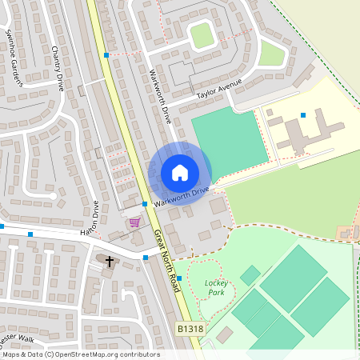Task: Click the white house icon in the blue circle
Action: coord(180,173)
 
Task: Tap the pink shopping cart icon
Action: coord(134,222)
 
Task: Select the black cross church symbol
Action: coord(110,261)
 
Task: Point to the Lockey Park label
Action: coord(217,287)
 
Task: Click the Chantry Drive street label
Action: coord(58,68)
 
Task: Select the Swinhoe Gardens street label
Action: coord(14,57)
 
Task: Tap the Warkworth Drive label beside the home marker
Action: coord(182,195)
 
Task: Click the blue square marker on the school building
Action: coord(303,115)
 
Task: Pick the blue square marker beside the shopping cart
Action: coord(144,204)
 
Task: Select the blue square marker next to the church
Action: coord(146,258)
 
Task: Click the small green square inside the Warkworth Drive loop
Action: coord(202,34)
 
